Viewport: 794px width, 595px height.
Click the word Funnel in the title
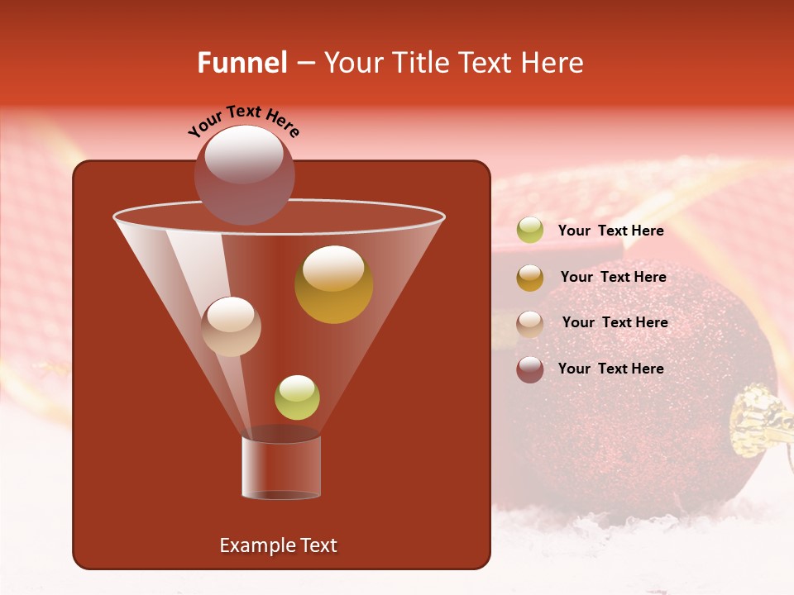point(242,63)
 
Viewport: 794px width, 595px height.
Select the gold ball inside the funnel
point(333,284)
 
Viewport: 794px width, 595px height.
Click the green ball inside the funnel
point(297,397)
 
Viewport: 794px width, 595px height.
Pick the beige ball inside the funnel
point(231,326)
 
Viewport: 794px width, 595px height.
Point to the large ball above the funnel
point(244,174)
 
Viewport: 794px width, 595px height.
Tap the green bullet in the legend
point(529,231)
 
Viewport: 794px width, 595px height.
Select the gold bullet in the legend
point(529,278)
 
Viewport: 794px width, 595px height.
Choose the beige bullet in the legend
point(529,323)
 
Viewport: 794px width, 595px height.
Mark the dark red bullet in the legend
point(529,369)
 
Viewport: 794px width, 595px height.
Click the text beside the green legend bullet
point(610,231)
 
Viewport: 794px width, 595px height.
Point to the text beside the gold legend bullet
point(613,277)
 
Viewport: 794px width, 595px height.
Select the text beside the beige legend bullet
point(615,322)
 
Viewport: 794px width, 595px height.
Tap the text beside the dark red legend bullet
point(610,369)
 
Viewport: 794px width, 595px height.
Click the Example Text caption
point(278,545)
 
